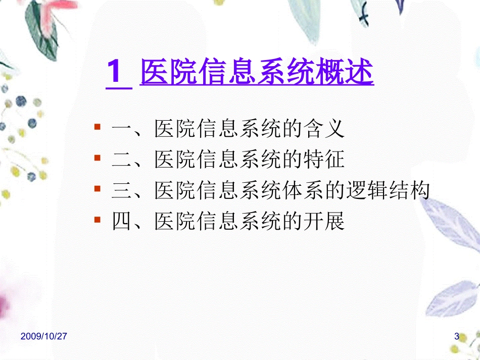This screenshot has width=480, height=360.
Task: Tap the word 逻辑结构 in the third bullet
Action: [x=388, y=191]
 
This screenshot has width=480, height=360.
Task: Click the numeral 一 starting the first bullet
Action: [x=121, y=130]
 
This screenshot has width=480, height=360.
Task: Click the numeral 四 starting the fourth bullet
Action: [x=121, y=222]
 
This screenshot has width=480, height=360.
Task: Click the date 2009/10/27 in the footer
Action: [x=44, y=336]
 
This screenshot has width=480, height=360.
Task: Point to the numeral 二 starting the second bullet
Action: [x=121, y=161]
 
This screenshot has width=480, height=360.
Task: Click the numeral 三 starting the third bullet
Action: [x=121, y=191]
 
